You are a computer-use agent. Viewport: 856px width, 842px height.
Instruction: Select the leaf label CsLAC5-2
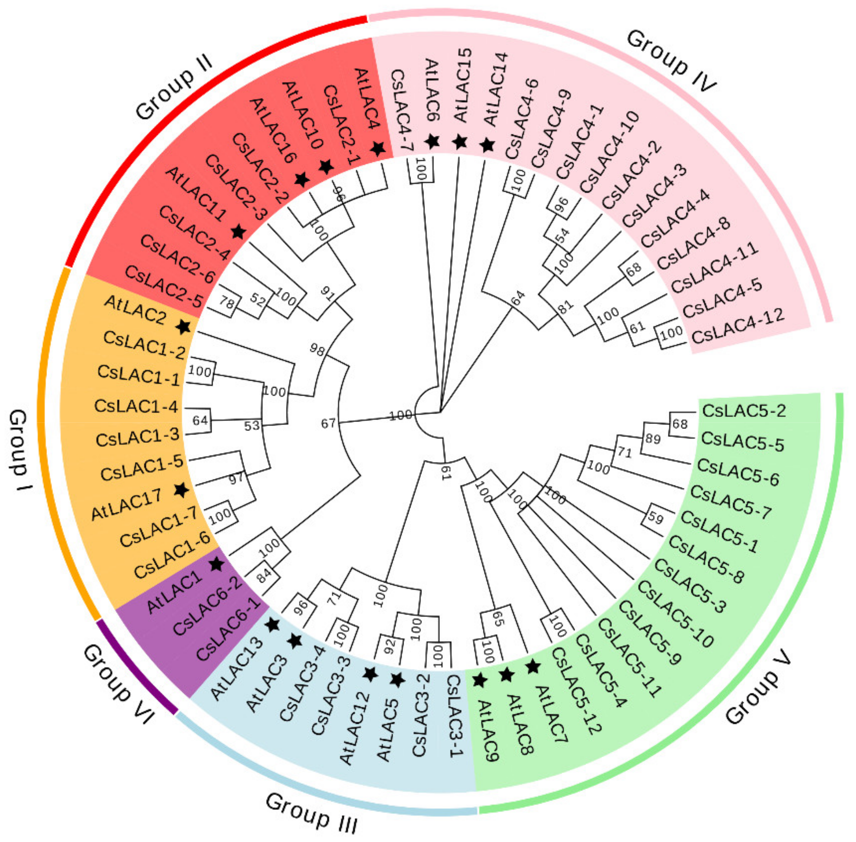click(x=744, y=411)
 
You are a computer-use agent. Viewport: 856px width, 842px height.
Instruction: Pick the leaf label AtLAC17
click(x=126, y=505)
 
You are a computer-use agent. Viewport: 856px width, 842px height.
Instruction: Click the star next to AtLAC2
click(x=184, y=327)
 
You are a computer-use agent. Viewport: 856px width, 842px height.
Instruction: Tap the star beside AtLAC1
click(x=217, y=564)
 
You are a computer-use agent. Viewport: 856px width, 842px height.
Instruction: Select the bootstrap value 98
click(x=317, y=349)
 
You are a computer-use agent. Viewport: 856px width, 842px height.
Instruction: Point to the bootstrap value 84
click(x=265, y=575)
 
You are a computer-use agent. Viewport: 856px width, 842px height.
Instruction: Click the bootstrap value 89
click(x=653, y=439)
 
